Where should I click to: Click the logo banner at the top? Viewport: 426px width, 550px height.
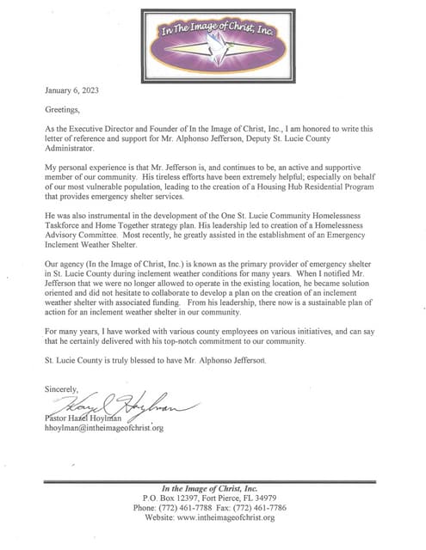(213, 38)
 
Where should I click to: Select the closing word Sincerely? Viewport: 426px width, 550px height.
(65, 388)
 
